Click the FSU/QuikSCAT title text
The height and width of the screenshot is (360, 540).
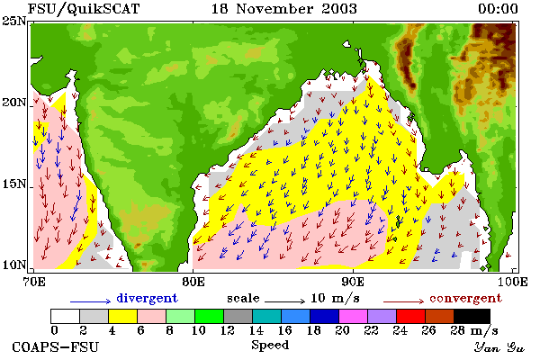(84, 9)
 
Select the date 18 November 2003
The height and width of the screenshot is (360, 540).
(283, 9)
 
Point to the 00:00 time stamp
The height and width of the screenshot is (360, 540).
(498, 9)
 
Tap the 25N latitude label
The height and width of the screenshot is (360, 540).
(13, 22)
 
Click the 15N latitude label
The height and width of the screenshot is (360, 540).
(13, 184)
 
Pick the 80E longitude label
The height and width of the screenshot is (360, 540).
(193, 282)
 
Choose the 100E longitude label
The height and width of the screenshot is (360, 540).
(512, 282)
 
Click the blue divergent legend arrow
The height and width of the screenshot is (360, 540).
(91, 301)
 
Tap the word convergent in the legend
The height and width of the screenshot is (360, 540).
(465, 298)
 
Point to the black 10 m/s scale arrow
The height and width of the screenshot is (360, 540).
(284, 301)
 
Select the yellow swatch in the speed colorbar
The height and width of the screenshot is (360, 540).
(123, 316)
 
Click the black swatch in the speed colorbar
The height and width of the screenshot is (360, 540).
(472, 316)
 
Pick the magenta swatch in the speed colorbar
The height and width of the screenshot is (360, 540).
(354, 316)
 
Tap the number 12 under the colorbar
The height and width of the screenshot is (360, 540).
(228, 330)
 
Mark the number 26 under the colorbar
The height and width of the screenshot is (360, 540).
(428, 330)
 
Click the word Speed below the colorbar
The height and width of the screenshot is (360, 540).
(270, 346)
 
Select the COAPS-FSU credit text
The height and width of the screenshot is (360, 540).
(55, 346)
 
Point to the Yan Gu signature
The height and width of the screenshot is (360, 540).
(499, 347)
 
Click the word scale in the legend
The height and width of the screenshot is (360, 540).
(243, 298)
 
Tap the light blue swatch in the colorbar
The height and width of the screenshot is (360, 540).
(296, 316)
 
